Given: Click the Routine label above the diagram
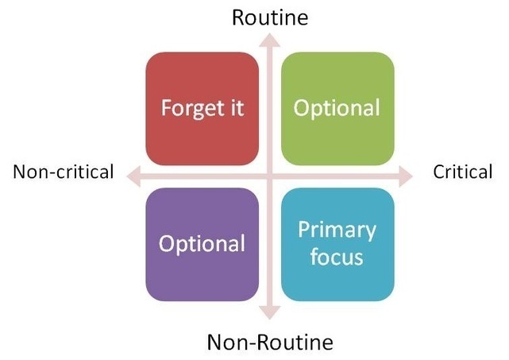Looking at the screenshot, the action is (270, 17).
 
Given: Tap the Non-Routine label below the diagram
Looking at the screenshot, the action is (270, 343).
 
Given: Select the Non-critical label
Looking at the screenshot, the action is (64, 172).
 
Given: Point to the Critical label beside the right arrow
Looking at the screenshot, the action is (463, 172).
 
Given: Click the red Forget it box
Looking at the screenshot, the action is (202, 109).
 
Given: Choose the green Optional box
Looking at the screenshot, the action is (337, 109).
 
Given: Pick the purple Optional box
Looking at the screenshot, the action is (202, 244).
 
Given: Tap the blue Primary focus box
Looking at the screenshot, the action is (337, 244).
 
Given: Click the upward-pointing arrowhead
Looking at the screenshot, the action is (269, 41).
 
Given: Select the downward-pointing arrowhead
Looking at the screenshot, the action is (269, 312).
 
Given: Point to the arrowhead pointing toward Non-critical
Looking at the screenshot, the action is (133, 176).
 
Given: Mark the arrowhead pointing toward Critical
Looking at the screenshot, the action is (406, 176).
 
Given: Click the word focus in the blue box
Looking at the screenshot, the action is (337, 257).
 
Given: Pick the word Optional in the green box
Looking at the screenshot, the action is (337, 109).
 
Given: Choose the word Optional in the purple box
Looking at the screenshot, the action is (202, 244).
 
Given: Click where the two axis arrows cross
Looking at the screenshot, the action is (269, 176).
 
